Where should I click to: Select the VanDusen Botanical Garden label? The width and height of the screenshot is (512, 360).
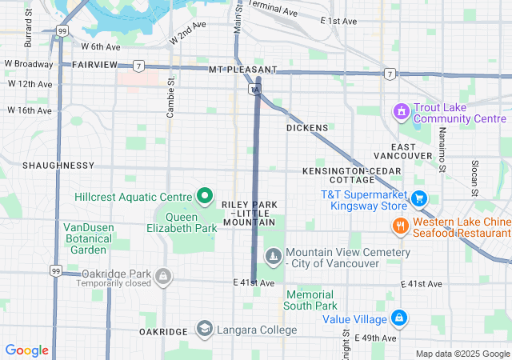[x=88, y=238]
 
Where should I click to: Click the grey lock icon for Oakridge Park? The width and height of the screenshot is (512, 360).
[x=163, y=276]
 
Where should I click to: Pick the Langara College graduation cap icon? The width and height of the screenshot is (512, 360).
[x=204, y=330]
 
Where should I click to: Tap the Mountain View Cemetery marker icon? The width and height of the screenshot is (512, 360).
[x=274, y=257]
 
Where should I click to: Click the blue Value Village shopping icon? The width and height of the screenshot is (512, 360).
[x=399, y=318]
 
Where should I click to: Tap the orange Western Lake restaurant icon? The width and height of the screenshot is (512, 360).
[x=399, y=226]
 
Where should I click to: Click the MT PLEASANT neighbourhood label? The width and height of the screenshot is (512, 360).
[x=242, y=70]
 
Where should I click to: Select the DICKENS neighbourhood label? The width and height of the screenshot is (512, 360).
[x=307, y=128]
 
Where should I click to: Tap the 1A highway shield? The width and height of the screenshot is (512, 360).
[x=256, y=90]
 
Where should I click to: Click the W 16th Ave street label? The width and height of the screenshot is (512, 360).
[x=30, y=110]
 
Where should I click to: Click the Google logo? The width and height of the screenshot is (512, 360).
[x=26, y=350]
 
